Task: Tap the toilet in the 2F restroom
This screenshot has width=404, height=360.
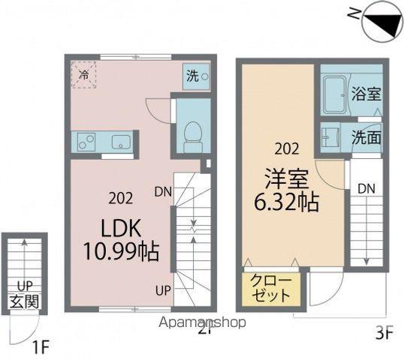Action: click(x=193, y=137)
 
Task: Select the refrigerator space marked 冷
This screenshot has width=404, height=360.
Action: click(x=84, y=75)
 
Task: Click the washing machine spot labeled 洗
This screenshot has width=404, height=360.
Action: click(x=196, y=76)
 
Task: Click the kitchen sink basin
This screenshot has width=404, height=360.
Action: click(x=121, y=142)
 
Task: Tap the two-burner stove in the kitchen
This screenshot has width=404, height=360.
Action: click(x=86, y=142)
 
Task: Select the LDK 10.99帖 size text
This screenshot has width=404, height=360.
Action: click(x=121, y=240)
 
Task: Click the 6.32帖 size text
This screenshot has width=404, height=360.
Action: click(x=287, y=202)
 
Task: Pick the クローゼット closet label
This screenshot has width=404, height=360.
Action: click(x=271, y=288)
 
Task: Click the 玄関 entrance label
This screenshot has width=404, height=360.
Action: click(x=25, y=301)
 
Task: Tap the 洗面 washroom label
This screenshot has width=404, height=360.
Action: click(x=366, y=138)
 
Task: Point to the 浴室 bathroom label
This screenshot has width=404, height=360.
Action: click(x=366, y=94)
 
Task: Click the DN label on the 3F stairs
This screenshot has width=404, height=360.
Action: click(x=366, y=190)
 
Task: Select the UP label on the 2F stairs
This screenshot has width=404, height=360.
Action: click(x=163, y=291)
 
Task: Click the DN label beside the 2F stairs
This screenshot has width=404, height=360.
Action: click(x=163, y=192)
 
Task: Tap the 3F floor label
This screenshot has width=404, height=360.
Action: click(x=384, y=334)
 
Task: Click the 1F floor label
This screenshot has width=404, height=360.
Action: click(x=41, y=347)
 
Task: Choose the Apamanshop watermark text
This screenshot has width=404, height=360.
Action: click(x=202, y=322)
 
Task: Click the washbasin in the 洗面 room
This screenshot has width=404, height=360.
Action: click(x=330, y=138)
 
